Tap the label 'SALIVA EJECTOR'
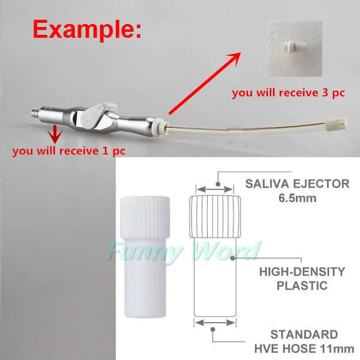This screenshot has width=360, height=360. click(x=297, y=184)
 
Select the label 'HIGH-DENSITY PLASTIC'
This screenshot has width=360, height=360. click(x=302, y=278)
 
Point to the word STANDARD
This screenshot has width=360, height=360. click(x=303, y=334)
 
